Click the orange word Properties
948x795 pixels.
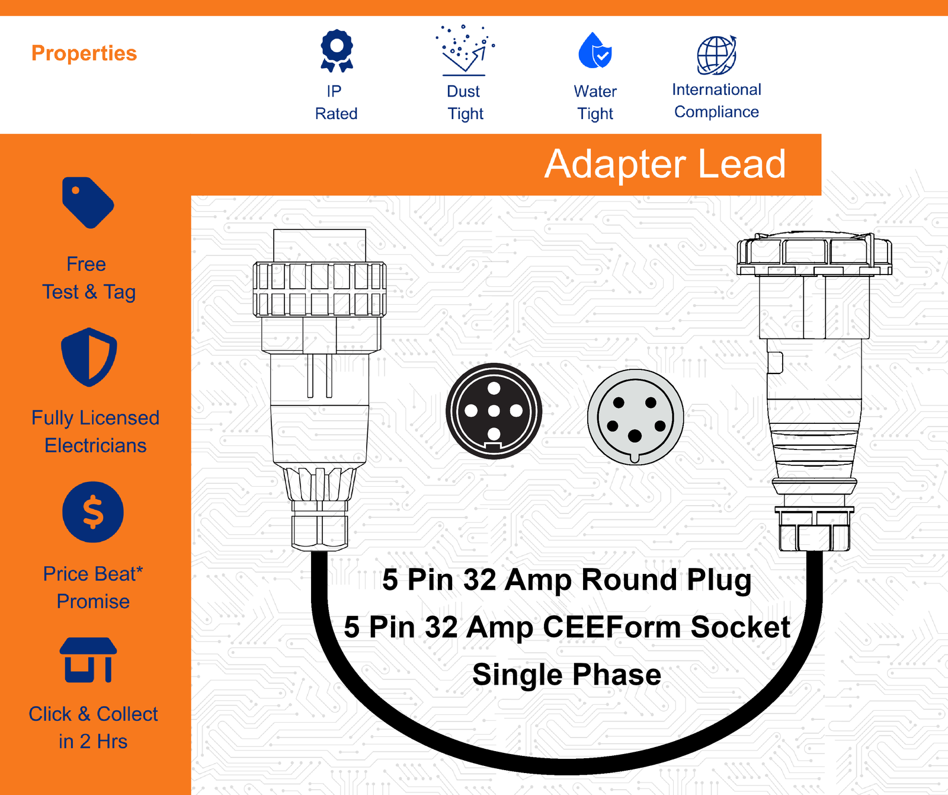[x=84, y=53]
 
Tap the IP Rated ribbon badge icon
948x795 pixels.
[x=337, y=51]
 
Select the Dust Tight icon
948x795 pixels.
[x=465, y=50]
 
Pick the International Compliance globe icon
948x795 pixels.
[x=716, y=55]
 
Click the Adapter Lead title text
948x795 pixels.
[x=665, y=164]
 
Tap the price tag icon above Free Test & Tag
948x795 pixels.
[x=88, y=202]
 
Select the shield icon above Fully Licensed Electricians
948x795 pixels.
[x=89, y=357]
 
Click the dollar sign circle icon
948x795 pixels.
[x=93, y=512]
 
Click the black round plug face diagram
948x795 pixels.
[x=494, y=411]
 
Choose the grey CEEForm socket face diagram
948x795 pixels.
[x=635, y=417]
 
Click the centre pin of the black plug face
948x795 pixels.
[x=494, y=411]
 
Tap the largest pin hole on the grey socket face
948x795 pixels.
[x=635, y=436]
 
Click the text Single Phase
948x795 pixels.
[x=566, y=675]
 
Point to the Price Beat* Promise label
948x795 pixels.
[x=93, y=588]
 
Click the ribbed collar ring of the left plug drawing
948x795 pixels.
[x=319, y=289]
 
